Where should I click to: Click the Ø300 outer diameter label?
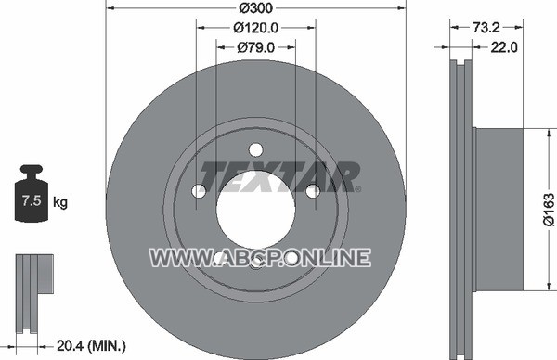[256, 7]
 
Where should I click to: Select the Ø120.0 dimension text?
[256, 27]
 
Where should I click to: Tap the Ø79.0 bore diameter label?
[256, 47]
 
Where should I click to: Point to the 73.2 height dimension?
[486, 27]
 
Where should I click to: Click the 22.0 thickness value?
[504, 47]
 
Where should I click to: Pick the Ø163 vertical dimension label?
[548, 210]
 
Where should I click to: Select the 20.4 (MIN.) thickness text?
[91, 345]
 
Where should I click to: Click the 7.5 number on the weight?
[32, 200]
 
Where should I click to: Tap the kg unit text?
[60, 202]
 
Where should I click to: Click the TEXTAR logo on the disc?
[280, 177]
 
